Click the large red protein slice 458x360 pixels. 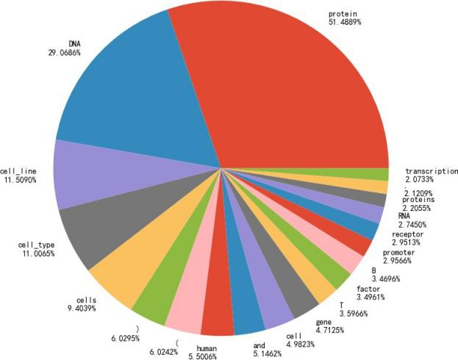pos(294,88)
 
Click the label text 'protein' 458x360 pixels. pos(342,14)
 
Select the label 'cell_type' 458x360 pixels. pos(36,245)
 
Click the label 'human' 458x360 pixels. pos(208,349)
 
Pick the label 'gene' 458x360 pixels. pos(324,323)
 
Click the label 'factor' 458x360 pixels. pos(358,289)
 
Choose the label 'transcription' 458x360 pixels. pos(432,171)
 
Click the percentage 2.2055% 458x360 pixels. pos(421,208)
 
